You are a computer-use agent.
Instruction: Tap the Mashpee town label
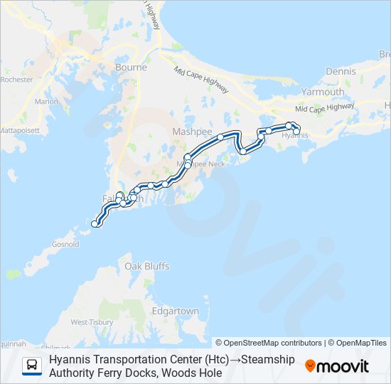point(188,132)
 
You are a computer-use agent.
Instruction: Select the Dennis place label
point(340,72)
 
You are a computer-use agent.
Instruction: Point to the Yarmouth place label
point(323,92)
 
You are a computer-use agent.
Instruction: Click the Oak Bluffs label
point(147,266)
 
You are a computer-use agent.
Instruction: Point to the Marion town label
point(46,102)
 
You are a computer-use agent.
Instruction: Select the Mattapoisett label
point(20,131)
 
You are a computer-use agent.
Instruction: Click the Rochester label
point(16,80)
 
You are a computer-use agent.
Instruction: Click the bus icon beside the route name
point(32,366)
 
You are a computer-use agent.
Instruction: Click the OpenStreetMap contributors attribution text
point(269,343)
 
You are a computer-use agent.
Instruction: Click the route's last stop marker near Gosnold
point(95,224)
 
